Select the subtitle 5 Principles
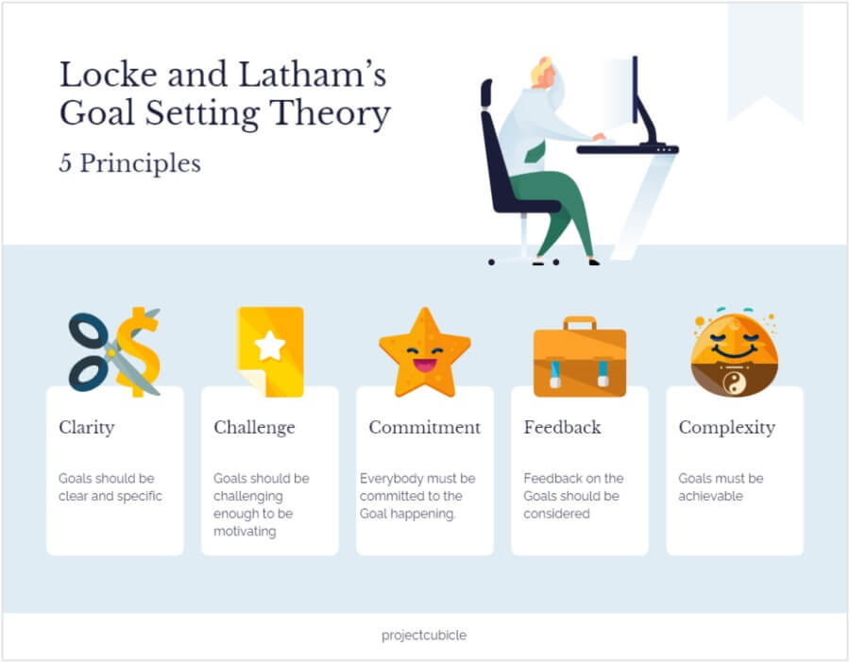[x=129, y=163]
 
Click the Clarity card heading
[x=87, y=428]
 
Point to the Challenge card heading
[x=254, y=428]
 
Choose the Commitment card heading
[x=424, y=427]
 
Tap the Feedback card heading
[x=562, y=427]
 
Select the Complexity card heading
[x=726, y=428]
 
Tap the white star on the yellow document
[x=270, y=346]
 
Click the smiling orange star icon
[x=425, y=353]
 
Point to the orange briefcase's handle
[x=580, y=323]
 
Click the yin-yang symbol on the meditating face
[x=735, y=383]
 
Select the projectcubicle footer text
[x=424, y=635]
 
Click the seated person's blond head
[x=543, y=72]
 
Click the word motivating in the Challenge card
[x=245, y=532]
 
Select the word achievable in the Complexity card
[x=710, y=496]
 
